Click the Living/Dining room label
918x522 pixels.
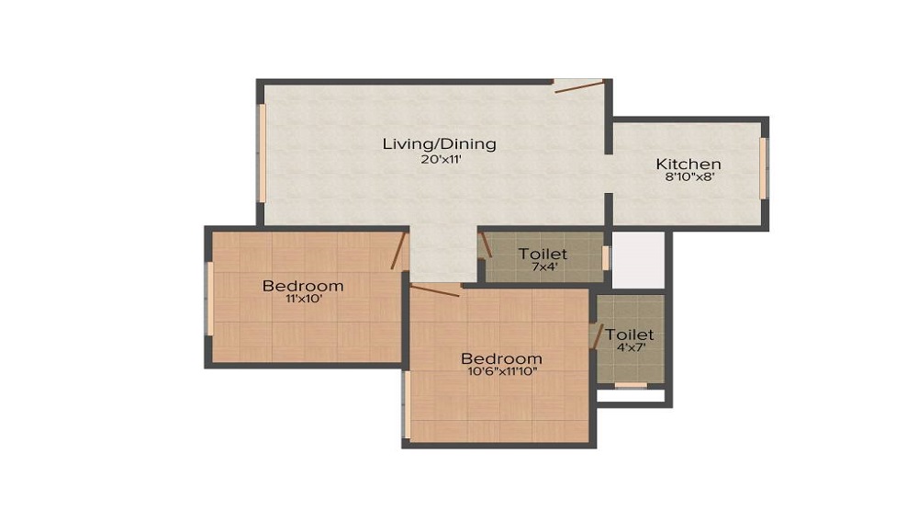point(439,143)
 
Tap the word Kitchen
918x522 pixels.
point(688,164)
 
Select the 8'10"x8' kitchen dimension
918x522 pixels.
point(688,178)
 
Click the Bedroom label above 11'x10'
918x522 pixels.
point(303,286)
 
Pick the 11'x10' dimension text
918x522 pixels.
point(303,301)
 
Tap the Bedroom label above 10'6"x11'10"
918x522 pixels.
point(501,357)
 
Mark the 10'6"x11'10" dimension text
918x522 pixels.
point(501,372)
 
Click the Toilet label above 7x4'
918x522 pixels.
point(543,253)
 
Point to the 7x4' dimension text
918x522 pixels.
point(543,267)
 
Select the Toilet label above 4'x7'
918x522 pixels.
point(630,335)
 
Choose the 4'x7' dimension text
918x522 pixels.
point(630,349)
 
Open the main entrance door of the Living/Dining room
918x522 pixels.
point(579,86)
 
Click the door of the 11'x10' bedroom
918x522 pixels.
point(398,250)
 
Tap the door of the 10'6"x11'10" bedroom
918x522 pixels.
point(434,291)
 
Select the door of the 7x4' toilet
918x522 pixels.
point(486,244)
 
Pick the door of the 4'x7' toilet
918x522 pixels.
point(598,336)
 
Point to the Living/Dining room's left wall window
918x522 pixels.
point(261,152)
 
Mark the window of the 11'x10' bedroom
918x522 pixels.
point(209,300)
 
